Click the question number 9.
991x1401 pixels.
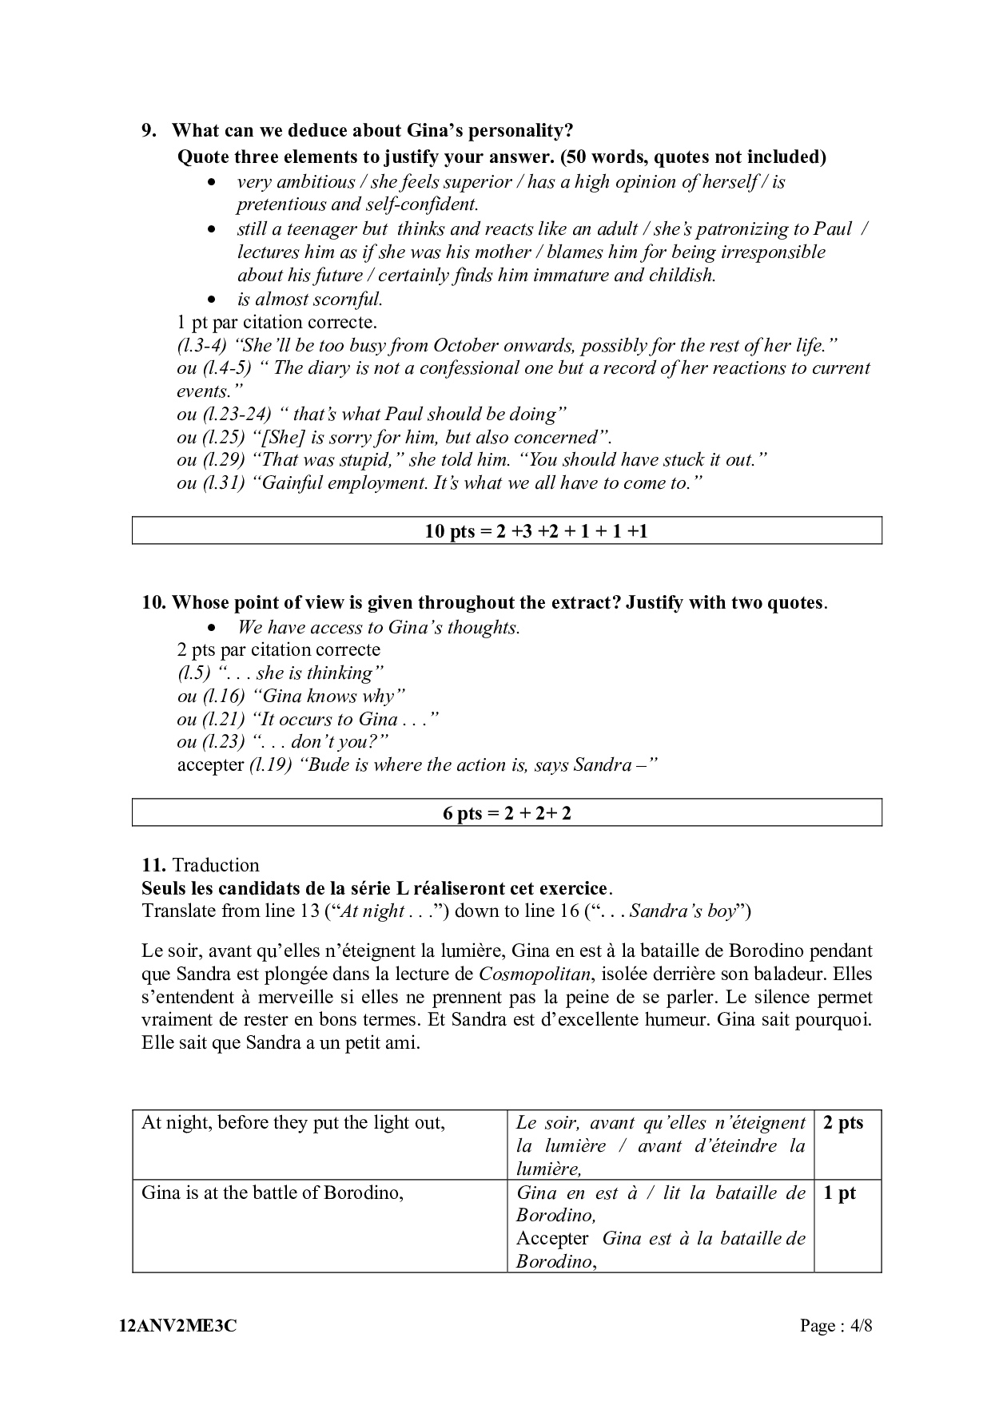149,130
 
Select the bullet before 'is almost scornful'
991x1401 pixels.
211,300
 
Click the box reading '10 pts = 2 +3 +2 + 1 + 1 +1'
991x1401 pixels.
507,531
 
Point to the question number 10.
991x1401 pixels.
153,602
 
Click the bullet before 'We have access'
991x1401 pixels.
211,628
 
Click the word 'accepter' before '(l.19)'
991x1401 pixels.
210,765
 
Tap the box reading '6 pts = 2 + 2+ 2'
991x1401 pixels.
507,813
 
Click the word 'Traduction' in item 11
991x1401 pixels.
216,865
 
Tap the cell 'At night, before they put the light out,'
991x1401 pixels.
293,1123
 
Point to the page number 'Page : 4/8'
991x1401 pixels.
836,1327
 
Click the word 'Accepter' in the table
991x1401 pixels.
552,1239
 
